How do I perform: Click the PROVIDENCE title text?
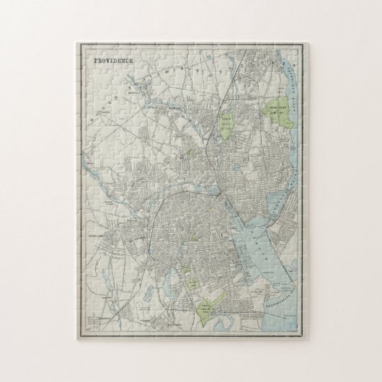(x=115, y=62)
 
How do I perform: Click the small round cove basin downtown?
(x=214, y=193)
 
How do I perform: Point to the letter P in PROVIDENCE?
(x=97, y=62)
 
